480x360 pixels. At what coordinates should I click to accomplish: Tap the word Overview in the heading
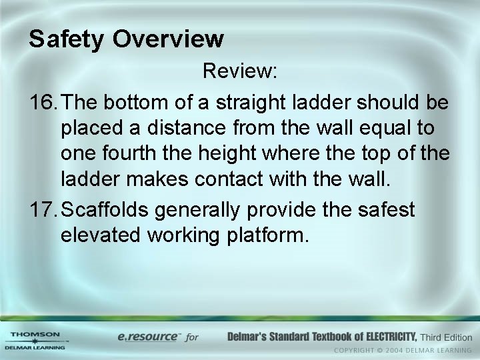tap(168, 40)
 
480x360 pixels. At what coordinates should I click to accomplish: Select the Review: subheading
tap(240, 71)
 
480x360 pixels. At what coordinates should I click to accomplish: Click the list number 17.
tap(45, 210)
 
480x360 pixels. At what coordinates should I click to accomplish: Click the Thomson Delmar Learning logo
tap(35, 340)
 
